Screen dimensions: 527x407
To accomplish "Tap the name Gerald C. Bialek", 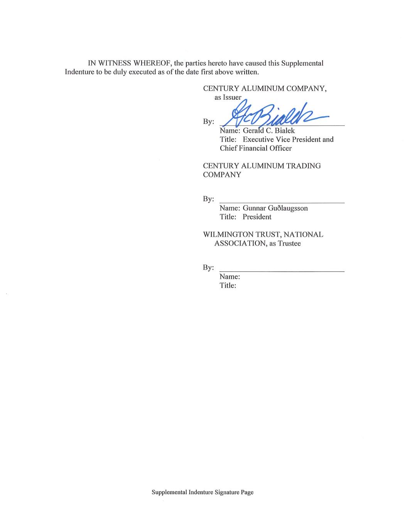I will pos(269,130).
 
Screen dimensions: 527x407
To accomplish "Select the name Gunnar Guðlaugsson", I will pos(275,208).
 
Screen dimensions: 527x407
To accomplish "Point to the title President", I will pos(257,217).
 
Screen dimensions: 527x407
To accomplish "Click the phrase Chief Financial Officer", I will pos(255,148).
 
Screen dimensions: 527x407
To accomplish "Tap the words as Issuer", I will pos(228,97).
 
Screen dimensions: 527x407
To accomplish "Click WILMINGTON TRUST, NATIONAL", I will pos(263,234).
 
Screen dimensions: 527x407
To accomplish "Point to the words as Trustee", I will pos(285,243).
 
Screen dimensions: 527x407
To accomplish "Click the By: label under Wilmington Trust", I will pos(208,268).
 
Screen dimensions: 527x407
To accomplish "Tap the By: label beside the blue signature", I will pos(208,122).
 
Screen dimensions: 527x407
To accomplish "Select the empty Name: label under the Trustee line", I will pos(230,276).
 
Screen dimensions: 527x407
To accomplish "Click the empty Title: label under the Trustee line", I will pos(228,285).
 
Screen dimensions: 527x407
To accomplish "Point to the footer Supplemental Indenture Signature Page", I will pos(203,492).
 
